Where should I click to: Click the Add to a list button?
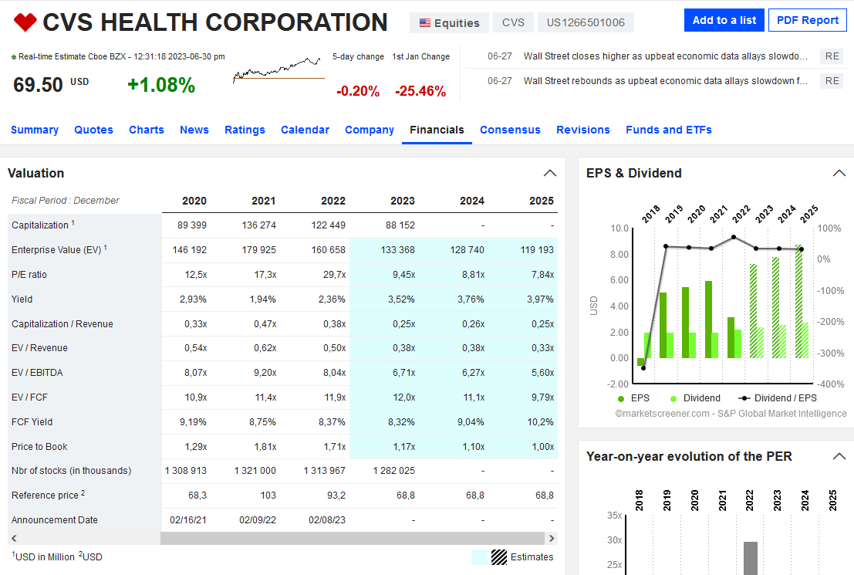(724, 20)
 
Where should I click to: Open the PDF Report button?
(808, 20)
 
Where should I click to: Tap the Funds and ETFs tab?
(668, 130)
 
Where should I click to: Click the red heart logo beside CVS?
(25, 22)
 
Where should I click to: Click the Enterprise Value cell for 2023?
(398, 250)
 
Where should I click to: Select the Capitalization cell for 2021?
(259, 225)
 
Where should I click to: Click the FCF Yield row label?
(32, 422)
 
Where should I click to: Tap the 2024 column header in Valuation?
(472, 201)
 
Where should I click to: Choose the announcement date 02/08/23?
(327, 520)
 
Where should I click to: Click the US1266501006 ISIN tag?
(586, 22)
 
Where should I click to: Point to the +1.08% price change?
(161, 85)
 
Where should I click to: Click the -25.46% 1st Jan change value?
(420, 91)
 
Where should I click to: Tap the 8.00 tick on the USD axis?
(619, 255)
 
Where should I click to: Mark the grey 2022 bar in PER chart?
(751, 557)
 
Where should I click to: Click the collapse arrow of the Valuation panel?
(550, 173)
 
